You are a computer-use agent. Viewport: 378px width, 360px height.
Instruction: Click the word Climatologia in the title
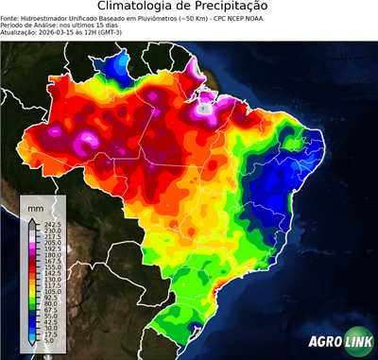[138, 7]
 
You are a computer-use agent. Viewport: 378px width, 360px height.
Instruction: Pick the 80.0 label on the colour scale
[50, 303]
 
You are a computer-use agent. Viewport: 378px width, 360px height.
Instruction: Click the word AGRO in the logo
[323, 343]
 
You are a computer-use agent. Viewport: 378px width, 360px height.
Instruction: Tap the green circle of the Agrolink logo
[359, 342]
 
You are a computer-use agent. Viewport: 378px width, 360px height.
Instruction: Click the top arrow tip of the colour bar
[32, 218]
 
